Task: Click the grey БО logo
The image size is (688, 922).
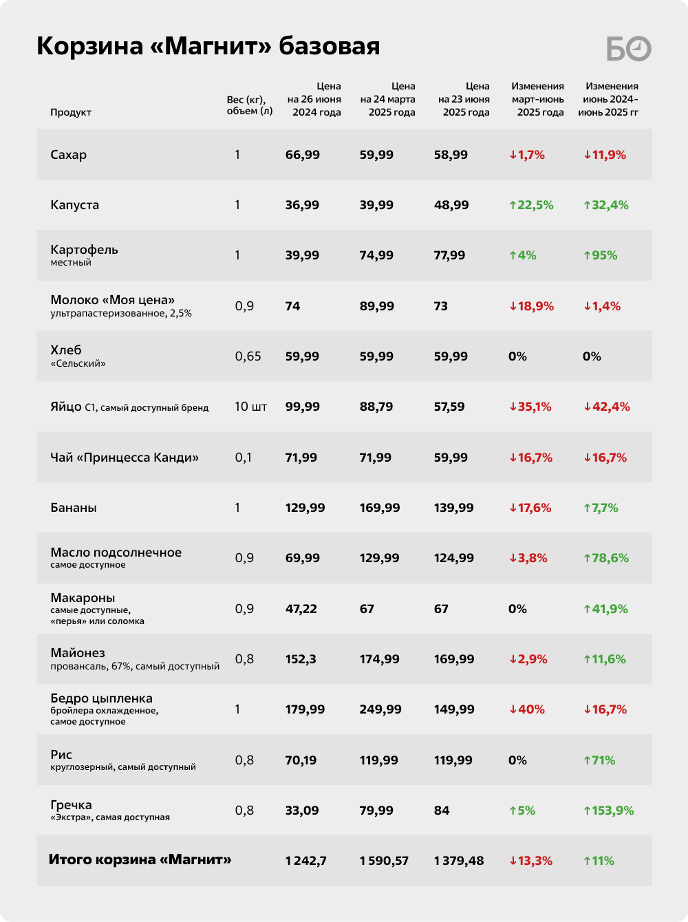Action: pos(629,49)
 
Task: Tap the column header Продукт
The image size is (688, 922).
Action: pos(71,112)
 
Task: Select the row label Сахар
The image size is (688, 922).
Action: pos(69,155)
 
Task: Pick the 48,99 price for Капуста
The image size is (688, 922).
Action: pos(451,205)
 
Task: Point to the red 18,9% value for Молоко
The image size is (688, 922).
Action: pos(531,305)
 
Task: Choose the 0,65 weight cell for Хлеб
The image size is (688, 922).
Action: pos(248,356)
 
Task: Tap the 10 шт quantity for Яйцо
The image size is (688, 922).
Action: pos(250,407)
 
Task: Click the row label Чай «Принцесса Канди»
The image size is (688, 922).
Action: pos(125,457)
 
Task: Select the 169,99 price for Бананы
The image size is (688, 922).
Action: pos(380,507)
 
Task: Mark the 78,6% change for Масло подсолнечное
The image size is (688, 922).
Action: pos(606,558)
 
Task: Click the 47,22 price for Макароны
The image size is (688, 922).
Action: pos(301,609)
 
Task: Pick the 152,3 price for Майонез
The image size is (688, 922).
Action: pos(301,659)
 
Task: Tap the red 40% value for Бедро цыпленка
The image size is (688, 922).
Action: pos(527,709)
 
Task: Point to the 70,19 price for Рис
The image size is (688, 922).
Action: pos(301,760)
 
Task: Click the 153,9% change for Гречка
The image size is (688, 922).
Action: pos(609,811)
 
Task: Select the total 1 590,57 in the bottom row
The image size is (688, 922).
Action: pos(384,861)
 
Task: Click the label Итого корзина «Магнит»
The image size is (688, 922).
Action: pos(140,860)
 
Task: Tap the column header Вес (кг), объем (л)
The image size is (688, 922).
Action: pos(250,105)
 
